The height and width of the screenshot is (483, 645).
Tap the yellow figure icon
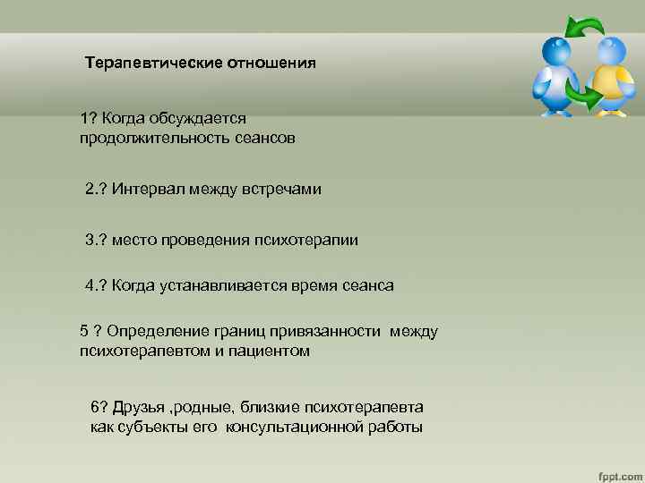(609, 77)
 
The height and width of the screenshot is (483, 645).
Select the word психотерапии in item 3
(314, 240)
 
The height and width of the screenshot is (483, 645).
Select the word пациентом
(268, 352)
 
